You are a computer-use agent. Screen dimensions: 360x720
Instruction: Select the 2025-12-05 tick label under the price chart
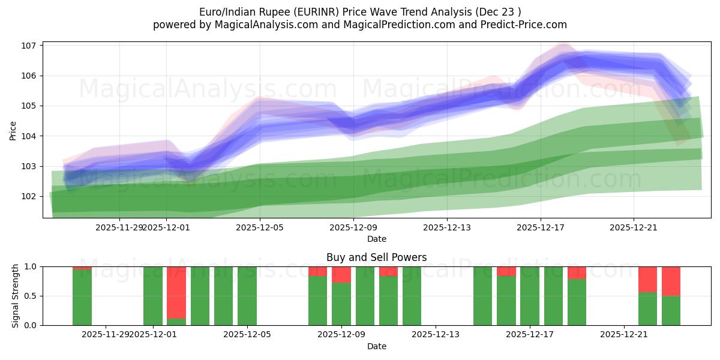tap(259, 227)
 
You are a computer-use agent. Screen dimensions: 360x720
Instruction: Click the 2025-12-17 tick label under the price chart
tap(541, 227)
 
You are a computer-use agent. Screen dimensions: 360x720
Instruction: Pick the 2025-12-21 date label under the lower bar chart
tap(624, 334)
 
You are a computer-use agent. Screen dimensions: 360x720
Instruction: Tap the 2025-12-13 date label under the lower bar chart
tap(436, 334)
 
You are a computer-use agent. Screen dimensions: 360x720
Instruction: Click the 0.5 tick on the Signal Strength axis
tap(31, 296)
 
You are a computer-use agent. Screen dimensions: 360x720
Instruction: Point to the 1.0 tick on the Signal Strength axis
tap(31, 266)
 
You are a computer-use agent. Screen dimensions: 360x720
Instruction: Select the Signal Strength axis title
tap(16, 296)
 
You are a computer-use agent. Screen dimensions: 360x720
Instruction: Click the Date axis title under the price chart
tap(377, 239)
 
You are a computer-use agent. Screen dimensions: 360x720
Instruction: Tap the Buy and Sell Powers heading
tap(377, 257)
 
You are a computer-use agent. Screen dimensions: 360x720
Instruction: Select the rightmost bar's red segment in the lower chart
tap(671, 281)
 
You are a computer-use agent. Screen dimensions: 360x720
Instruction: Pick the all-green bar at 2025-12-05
tap(247, 296)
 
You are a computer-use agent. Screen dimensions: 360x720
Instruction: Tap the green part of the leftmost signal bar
tap(82, 298)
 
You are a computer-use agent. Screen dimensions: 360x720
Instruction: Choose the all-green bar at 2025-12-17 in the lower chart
tap(530, 296)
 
